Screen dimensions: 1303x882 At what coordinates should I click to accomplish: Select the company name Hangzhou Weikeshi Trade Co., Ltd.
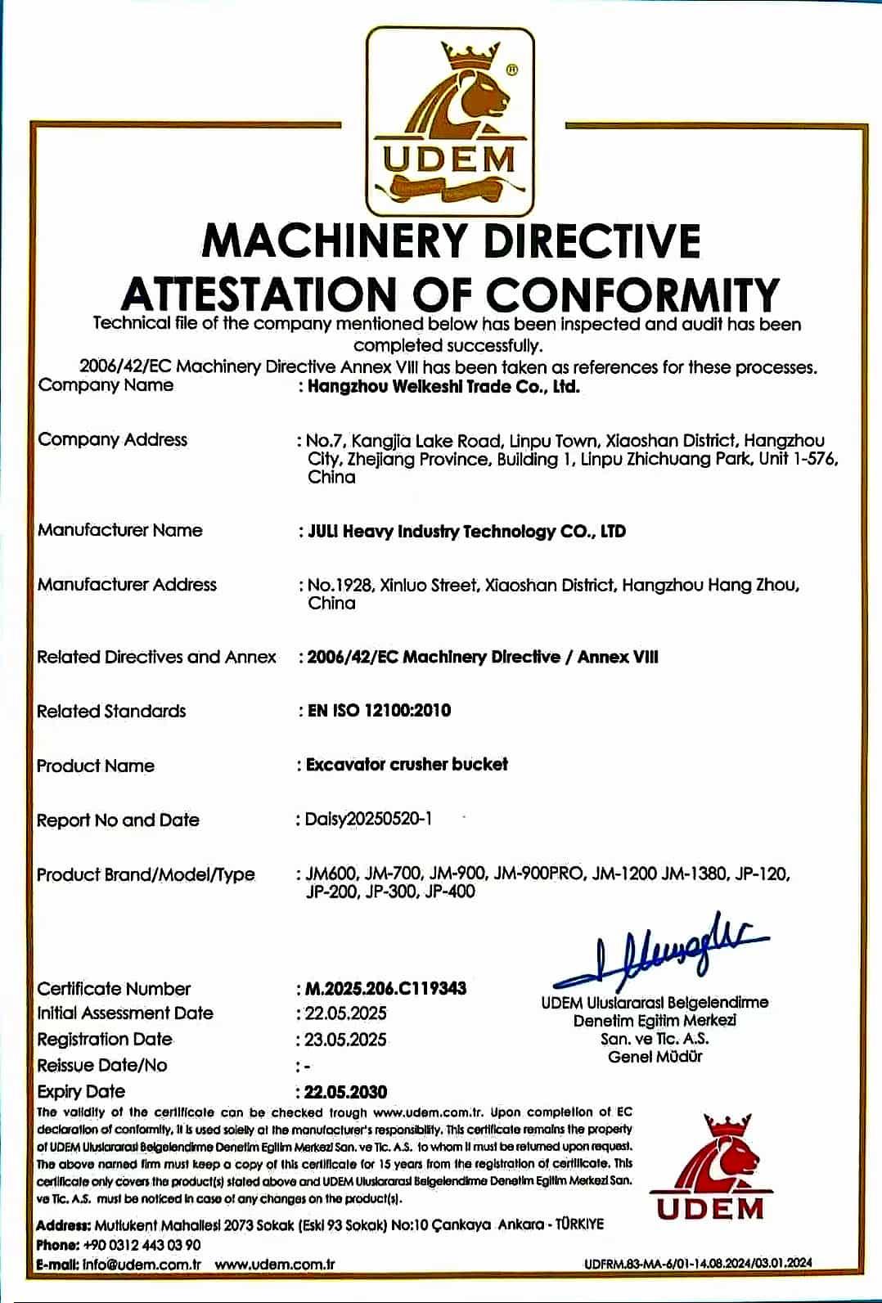point(443,387)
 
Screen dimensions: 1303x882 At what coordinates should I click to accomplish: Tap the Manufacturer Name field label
point(119,530)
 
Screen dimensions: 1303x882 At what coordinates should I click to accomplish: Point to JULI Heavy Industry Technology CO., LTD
point(466,532)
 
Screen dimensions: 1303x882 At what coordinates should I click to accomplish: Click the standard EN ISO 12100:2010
point(379,710)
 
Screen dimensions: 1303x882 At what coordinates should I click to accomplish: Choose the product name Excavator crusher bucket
point(407,765)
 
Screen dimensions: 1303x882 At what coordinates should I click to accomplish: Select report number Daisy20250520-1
point(368,819)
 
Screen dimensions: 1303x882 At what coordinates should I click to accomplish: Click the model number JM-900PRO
point(540,874)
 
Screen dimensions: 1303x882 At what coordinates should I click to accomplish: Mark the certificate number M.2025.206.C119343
point(385,988)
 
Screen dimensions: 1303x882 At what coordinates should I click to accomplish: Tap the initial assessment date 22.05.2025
point(346,1013)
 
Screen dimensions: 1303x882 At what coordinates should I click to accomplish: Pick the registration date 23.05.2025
point(346,1040)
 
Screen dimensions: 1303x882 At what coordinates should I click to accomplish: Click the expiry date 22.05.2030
point(346,1092)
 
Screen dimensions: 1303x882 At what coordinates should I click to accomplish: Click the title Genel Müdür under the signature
point(655,1057)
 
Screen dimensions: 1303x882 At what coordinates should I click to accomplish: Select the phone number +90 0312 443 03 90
point(142,1245)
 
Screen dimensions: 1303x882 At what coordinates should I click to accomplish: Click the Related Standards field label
point(111,711)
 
